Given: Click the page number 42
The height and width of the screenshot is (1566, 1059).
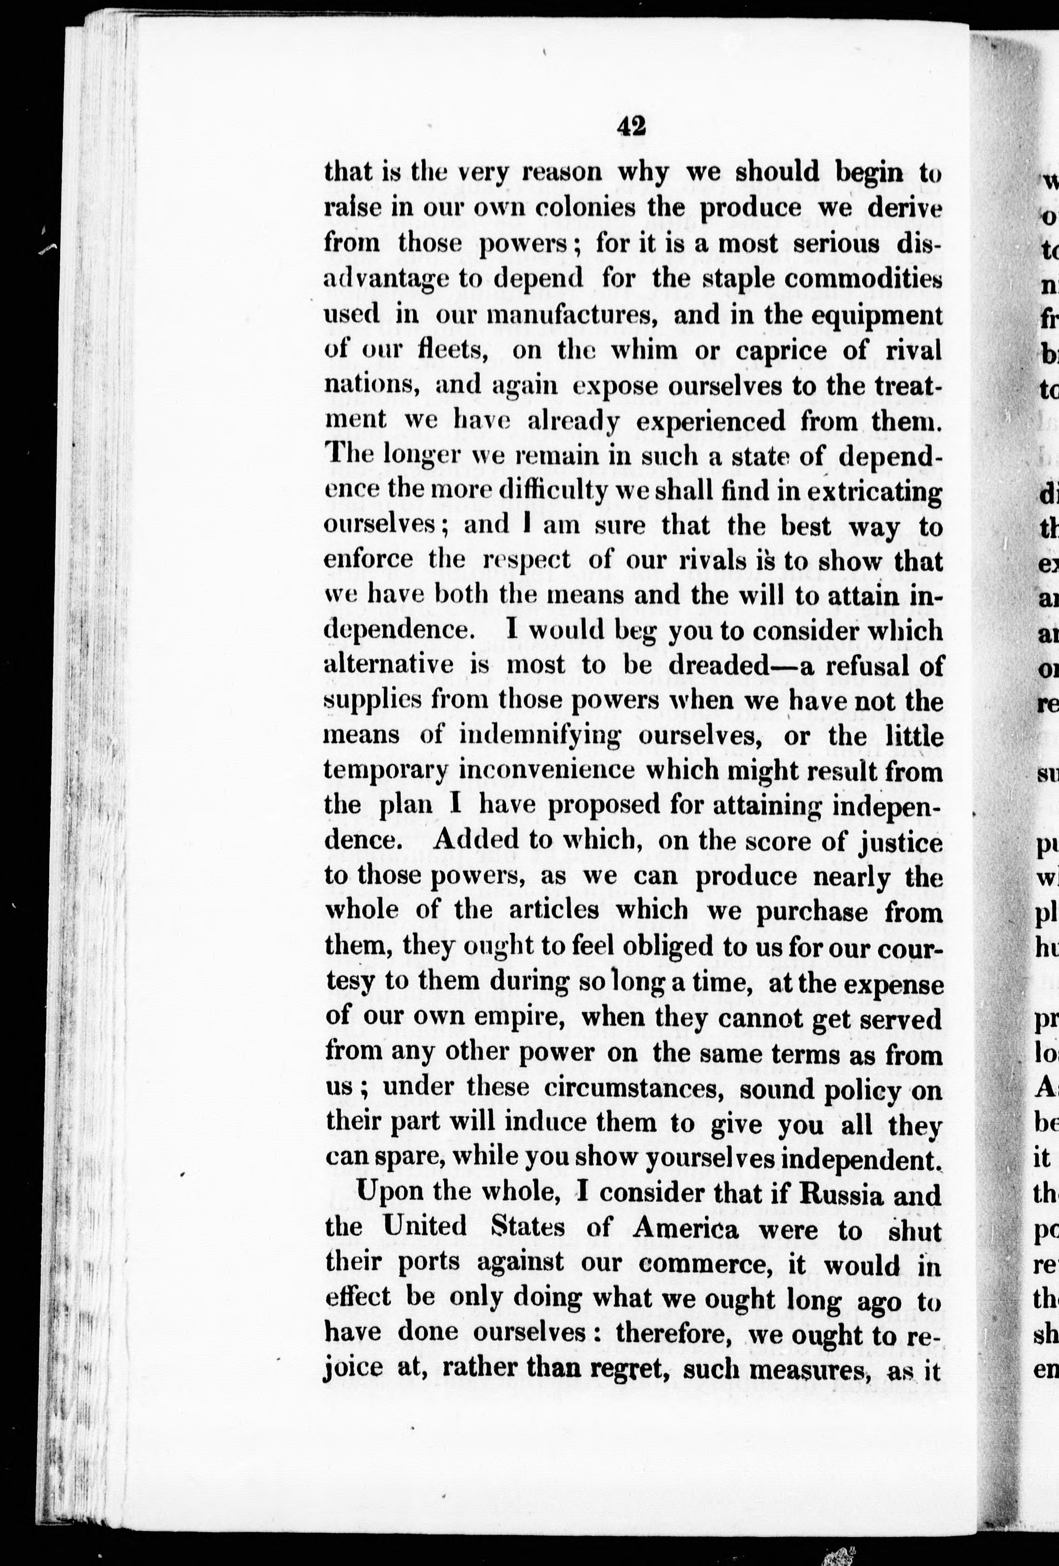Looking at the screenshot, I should click(x=631, y=126).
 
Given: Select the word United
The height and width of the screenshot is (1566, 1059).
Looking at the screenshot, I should click(x=425, y=1228).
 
